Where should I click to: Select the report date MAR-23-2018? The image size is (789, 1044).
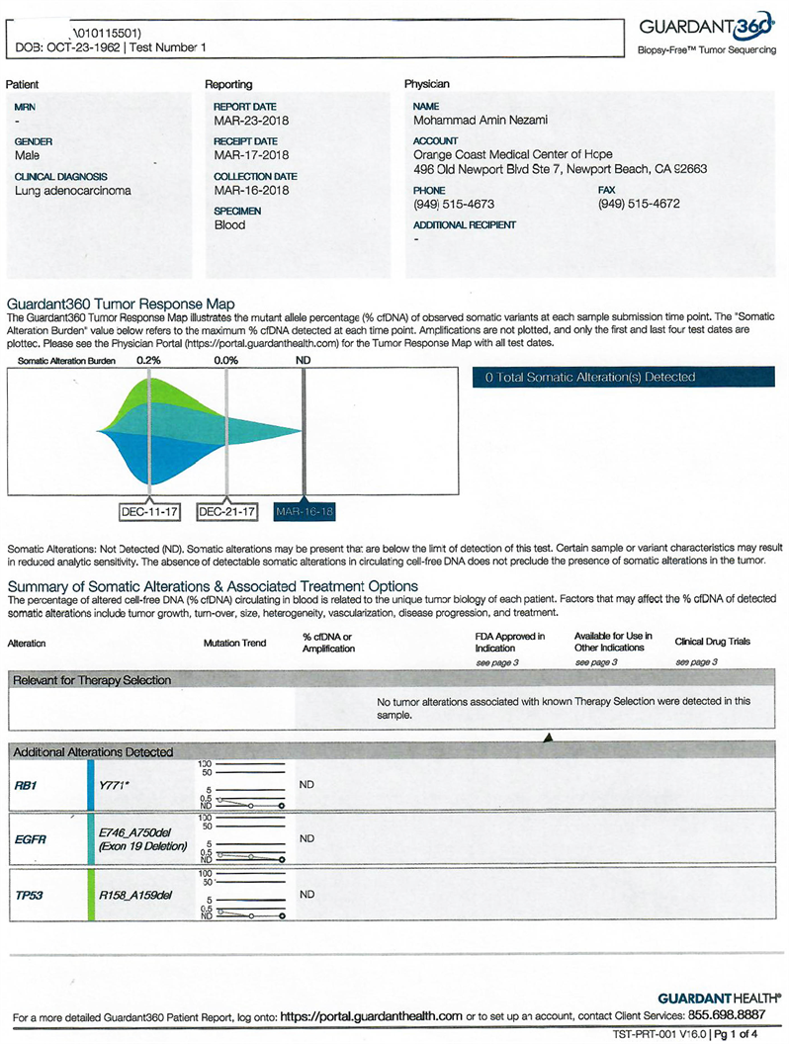(x=251, y=121)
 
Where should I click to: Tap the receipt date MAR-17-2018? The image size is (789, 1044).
(x=251, y=155)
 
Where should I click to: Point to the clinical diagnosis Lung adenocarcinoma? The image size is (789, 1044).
(x=73, y=191)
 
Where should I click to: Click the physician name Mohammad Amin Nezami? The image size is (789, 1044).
(x=481, y=121)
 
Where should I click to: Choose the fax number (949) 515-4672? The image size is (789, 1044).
(x=639, y=205)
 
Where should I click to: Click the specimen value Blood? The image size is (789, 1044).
(x=229, y=225)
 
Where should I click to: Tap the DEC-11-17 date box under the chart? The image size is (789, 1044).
(x=148, y=512)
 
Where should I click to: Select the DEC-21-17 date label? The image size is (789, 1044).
(x=227, y=512)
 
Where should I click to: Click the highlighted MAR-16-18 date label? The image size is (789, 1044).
(x=305, y=512)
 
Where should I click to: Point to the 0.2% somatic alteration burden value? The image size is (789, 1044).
(x=148, y=362)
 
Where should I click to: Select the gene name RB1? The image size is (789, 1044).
(x=26, y=785)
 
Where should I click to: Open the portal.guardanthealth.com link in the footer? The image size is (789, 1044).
(x=371, y=1015)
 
